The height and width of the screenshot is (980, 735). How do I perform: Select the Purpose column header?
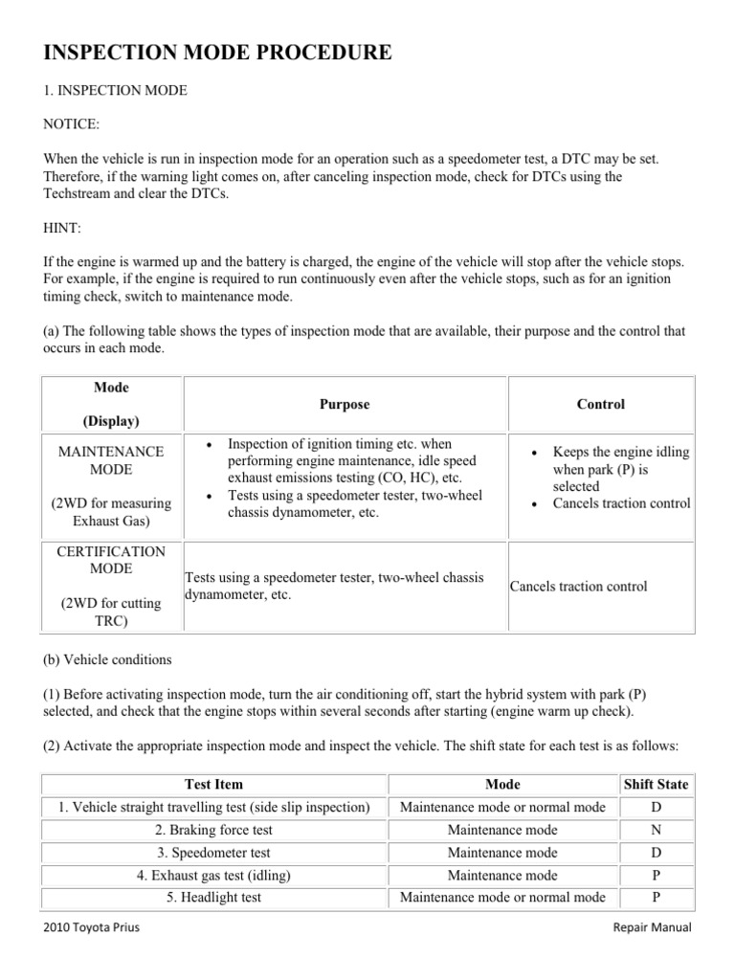344,404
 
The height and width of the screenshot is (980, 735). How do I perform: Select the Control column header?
600,404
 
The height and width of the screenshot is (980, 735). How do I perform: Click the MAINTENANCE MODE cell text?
112,460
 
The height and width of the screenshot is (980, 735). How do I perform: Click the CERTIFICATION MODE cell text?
112,560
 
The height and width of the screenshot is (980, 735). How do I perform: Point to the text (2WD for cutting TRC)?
112,612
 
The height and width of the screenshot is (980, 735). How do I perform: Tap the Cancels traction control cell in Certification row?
578,587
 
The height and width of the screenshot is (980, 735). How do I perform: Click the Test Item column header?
214,784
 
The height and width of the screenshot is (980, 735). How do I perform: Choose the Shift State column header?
656,784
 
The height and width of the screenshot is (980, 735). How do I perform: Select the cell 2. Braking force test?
214,830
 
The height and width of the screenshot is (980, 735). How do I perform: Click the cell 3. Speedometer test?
214,852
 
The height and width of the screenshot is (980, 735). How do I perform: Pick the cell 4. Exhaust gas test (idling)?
214,875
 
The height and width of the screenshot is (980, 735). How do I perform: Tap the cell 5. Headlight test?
214,898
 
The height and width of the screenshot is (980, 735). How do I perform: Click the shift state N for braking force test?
656,830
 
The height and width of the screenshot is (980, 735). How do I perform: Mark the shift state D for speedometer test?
656,852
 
